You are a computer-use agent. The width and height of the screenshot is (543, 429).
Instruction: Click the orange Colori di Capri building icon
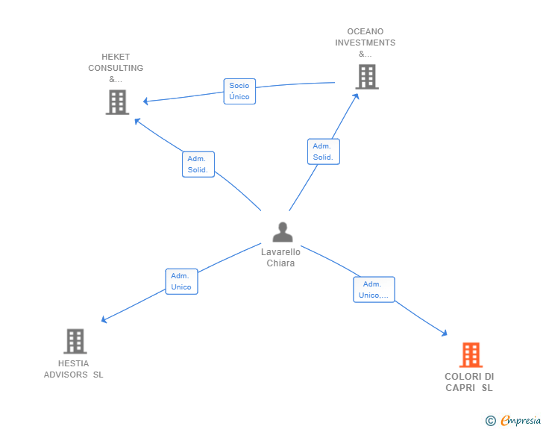coord(471,355)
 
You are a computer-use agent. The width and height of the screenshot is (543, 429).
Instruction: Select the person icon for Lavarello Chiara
coord(283,232)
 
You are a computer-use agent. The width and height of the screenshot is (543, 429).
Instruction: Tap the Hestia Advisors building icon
coord(75,341)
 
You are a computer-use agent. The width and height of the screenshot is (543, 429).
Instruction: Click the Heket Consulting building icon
coord(117,102)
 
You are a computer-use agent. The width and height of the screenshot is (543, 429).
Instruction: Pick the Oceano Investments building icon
coord(367,77)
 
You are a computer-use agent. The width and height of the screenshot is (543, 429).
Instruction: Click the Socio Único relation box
coord(239,91)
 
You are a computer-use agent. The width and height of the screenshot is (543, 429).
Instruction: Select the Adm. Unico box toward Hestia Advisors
coord(181,281)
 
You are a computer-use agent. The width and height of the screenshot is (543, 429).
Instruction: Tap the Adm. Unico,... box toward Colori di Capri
coord(374,289)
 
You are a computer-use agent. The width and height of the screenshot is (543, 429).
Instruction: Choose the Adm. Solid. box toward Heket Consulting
coord(198,164)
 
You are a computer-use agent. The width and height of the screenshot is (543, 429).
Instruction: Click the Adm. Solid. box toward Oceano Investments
coord(324,151)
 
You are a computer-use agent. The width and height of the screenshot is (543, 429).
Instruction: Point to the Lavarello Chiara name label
coord(280,257)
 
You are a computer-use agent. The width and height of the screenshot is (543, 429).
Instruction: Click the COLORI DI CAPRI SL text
coord(469,382)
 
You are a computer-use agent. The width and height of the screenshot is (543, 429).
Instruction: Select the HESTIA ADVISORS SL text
coord(73,369)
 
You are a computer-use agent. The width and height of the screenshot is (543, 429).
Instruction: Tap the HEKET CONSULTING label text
coord(116,68)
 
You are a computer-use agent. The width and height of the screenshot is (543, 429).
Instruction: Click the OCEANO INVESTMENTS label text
coord(365,43)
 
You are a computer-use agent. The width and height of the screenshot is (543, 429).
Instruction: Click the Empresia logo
coord(521,420)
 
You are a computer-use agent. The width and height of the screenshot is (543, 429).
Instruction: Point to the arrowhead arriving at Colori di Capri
coord(445,334)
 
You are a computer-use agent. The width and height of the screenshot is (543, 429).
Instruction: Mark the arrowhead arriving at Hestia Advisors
coord(104,319)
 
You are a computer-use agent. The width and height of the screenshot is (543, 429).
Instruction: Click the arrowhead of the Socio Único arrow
coord(145,101)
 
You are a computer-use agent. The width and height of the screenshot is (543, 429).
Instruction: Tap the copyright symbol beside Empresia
coord(491,421)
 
